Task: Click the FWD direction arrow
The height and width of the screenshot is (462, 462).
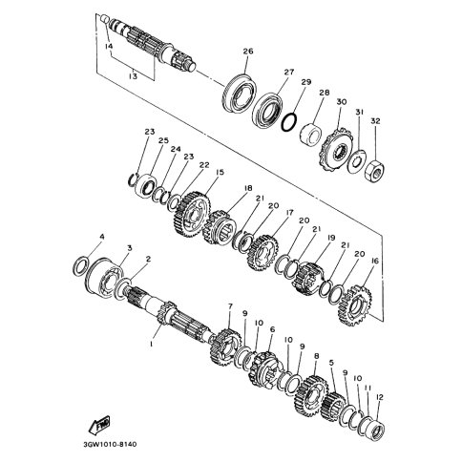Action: click(x=99, y=425)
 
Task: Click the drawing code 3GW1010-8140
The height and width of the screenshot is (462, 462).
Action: click(x=110, y=444)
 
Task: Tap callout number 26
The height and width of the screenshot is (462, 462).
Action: click(x=248, y=51)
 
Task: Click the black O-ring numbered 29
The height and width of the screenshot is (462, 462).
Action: click(x=289, y=121)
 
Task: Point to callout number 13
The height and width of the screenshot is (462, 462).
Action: click(x=133, y=76)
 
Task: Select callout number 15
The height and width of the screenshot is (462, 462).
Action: click(x=220, y=172)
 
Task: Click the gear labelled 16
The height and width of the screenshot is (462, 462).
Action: click(x=355, y=305)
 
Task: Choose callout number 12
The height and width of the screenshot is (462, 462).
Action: click(x=380, y=397)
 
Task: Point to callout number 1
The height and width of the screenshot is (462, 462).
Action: click(x=152, y=345)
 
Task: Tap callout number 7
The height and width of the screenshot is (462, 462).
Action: click(x=230, y=306)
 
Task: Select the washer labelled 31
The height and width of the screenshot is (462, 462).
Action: click(x=357, y=161)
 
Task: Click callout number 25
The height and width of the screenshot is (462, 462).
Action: click(x=165, y=140)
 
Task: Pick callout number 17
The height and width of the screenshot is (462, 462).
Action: click(x=289, y=212)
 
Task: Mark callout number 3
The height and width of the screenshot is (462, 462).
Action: click(x=130, y=247)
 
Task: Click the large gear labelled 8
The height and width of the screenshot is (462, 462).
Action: click(x=311, y=395)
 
